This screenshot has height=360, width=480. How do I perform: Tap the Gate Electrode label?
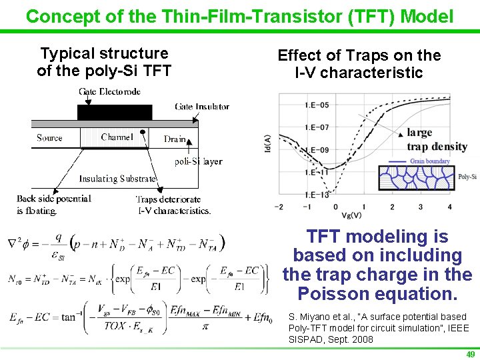click(x=109, y=91)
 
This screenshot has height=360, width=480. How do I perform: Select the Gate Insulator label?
click(x=202, y=106)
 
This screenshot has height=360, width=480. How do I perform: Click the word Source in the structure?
click(x=49, y=138)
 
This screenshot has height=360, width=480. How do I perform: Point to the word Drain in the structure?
click(x=175, y=139)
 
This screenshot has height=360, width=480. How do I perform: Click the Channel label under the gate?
click(x=117, y=137)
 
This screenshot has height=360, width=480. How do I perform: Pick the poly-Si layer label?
click(x=198, y=161)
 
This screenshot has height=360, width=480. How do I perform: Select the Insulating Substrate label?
click(x=117, y=179)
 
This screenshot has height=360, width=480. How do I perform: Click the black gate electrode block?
click(x=115, y=112)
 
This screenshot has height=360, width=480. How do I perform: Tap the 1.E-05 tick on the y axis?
click(x=317, y=105)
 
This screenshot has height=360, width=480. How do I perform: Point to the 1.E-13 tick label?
click(x=317, y=195)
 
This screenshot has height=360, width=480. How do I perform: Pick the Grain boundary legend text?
click(x=429, y=161)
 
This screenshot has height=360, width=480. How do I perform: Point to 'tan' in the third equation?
click(x=69, y=317)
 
